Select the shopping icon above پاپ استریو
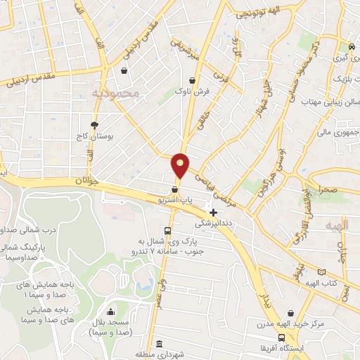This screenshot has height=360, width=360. tap(174, 189)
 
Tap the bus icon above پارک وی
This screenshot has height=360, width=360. tap(167, 231)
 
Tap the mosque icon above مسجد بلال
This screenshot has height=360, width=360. tap(109, 311)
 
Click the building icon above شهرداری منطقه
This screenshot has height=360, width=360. tap(160, 345)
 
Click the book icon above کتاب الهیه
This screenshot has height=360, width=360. tap(322, 271)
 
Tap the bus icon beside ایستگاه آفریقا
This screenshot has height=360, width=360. tap(281, 337)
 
